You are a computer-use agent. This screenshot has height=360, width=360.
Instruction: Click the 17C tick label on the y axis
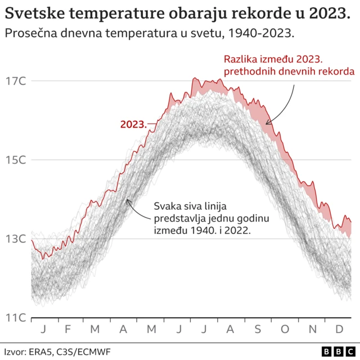coord(16,81)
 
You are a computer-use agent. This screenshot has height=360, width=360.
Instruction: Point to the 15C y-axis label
coord(16,160)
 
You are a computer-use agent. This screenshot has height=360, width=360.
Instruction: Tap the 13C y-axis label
coord(16,239)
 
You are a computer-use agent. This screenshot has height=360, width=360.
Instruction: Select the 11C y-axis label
coord(16,318)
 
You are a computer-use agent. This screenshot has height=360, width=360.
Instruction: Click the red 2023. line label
coord(133,124)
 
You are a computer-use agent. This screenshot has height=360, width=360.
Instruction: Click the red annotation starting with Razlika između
coord(289,65)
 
